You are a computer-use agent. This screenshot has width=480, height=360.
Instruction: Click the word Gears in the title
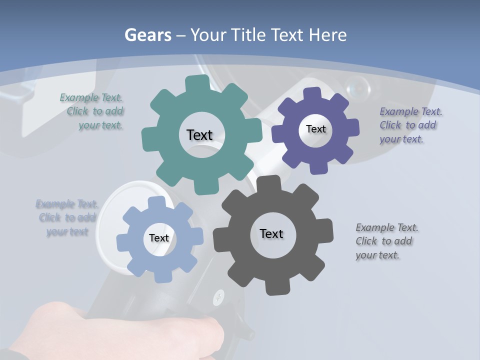tap(147, 35)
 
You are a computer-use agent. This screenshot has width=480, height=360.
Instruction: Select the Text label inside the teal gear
tap(199, 135)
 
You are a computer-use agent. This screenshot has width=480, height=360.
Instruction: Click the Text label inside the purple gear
tap(315, 129)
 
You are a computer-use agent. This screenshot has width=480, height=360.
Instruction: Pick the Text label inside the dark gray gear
tap(271, 233)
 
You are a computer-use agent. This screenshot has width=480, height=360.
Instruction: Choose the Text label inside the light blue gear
tap(159, 238)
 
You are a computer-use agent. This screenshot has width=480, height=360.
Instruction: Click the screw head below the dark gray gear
tap(218, 298)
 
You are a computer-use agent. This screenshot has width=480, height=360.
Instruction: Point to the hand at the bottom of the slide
tap(125, 330)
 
